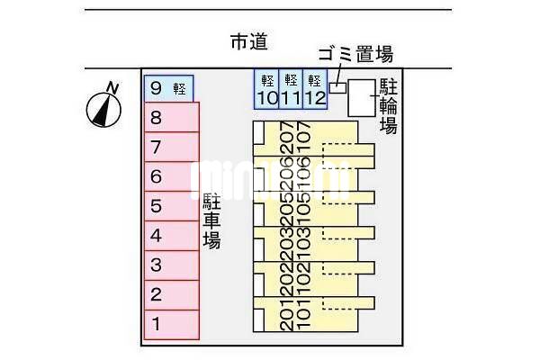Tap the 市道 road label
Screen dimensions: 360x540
point(249,41)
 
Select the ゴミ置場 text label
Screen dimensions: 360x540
point(355,55)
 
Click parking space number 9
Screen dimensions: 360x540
point(169,87)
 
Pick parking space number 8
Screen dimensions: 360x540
point(171,117)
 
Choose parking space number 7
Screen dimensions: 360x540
point(171,147)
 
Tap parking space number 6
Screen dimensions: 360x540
point(171,176)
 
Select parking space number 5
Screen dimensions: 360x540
point(171,206)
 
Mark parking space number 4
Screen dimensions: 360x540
point(171,236)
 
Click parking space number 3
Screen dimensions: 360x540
point(171,265)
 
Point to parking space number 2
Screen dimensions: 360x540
point(171,294)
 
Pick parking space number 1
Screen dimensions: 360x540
point(171,324)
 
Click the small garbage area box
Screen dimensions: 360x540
point(337,87)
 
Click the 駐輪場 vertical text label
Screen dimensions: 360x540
point(388,106)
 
